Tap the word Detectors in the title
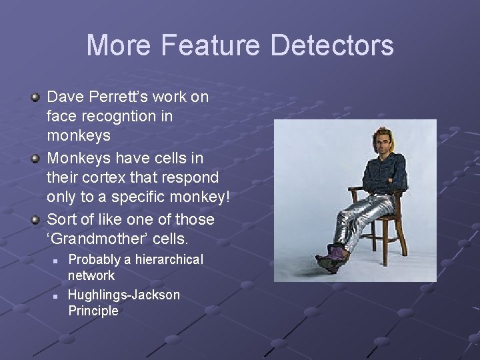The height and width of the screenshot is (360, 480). coord(332,45)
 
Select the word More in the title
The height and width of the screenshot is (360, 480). coord(120,45)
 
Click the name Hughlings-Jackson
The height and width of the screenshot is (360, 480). coord(124,295)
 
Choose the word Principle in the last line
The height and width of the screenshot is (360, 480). coord(93,311)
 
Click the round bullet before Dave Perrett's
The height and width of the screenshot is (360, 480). coord(35,98)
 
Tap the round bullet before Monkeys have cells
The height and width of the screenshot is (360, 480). coord(35,159)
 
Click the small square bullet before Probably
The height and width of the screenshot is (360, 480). coord(57,260)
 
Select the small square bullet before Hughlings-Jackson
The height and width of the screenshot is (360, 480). coord(57,295)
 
